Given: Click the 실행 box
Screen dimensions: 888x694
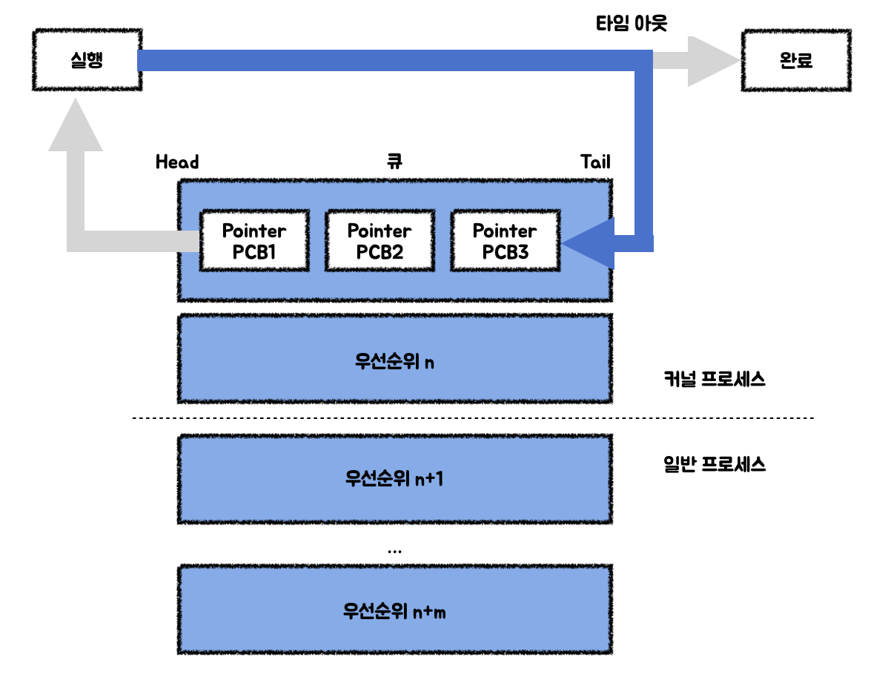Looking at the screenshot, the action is pyautogui.click(x=87, y=60).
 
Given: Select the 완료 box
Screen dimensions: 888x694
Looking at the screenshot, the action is pyautogui.click(x=796, y=61).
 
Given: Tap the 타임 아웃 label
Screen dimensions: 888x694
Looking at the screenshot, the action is pyautogui.click(x=632, y=24).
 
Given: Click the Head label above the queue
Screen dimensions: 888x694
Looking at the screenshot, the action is pyautogui.click(x=177, y=162).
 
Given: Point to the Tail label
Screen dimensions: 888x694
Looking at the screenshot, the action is pyautogui.click(x=595, y=162).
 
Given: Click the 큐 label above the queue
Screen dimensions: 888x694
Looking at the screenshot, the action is pyautogui.click(x=395, y=162).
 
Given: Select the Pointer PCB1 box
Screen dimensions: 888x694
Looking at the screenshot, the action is pyautogui.click(x=254, y=241).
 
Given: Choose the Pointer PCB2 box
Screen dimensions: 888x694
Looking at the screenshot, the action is pyautogui.click(x=380, y=241).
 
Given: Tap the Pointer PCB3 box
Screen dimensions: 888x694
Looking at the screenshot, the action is pyautogui.click(x=506, y=241).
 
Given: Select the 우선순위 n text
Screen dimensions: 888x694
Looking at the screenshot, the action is pyautogui.click(x=395, y=361).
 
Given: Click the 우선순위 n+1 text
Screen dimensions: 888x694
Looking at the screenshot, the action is pyautogui.click(x=395, y=479).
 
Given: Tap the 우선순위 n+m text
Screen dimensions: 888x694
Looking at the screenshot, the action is pyautogui.click(x=395, y=611).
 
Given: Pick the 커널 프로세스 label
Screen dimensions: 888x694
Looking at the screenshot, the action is pyautogui.click(x=715, y=379).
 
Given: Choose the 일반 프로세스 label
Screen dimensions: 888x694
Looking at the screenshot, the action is pyautogui.click(x=715, y=465).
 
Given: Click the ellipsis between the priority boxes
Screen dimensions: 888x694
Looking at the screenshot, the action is pyautogui.click(x=395, y=551).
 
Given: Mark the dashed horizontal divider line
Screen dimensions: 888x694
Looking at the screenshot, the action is pyautogui.click(x=473, y=418).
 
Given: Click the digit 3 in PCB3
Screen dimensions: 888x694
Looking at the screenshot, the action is pyautogui.click(x=523, y=252).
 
